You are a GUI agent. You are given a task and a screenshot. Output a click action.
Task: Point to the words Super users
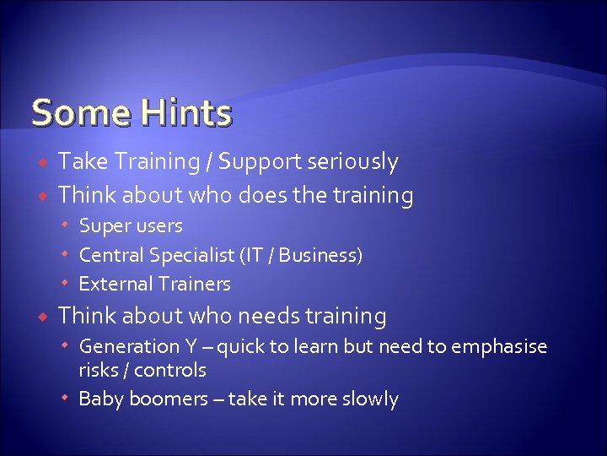click(x=130, y=226)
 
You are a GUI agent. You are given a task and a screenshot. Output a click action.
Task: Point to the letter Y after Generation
click(x=192, y=347)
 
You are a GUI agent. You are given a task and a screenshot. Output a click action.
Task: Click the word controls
click(x=170, y=370)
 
